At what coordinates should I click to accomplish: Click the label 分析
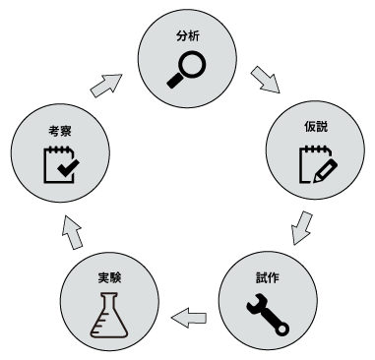click(187, 35)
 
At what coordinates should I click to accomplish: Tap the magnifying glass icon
click(188, 66)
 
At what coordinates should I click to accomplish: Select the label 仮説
click(316, 129)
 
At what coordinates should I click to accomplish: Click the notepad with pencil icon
click(316, 164)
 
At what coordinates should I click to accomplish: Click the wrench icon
click(267, 313)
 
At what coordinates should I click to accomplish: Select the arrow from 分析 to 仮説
click(265, 78)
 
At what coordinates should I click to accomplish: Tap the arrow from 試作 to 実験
click(189, 316)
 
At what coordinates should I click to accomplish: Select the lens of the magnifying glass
click(192, 62)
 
